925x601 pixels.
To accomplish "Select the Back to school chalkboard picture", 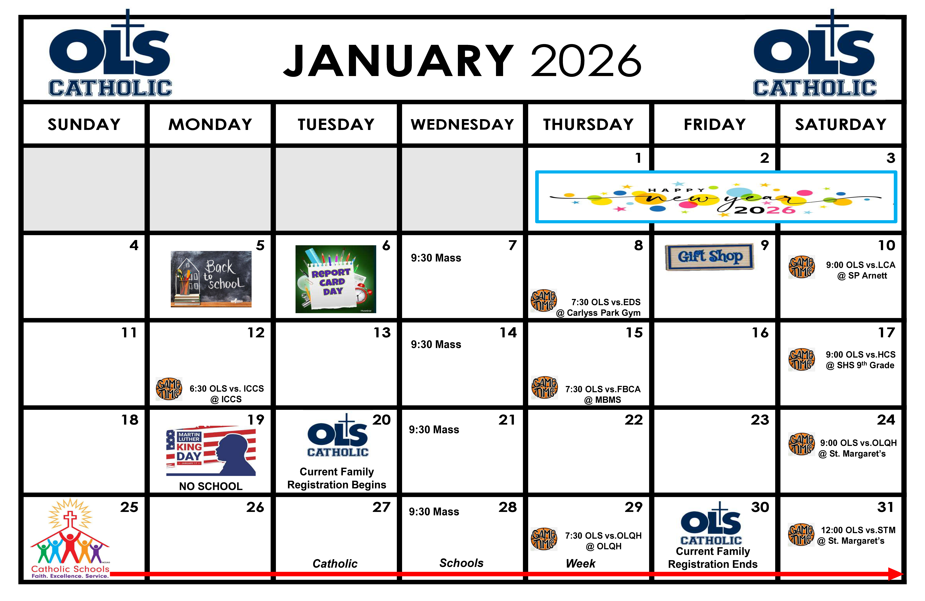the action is [211, 279].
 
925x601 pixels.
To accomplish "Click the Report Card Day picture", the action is [336, 279].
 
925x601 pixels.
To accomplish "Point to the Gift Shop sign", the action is [710, 257].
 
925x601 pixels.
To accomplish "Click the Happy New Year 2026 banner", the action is [716, 197].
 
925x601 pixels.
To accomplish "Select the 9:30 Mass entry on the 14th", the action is [436, 344].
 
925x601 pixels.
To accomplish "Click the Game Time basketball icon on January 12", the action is [169, 389].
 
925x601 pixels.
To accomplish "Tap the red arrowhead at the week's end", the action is [896, 574].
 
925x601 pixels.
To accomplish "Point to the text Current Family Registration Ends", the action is [713, 558].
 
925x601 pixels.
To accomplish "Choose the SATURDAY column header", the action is [841, 124].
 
